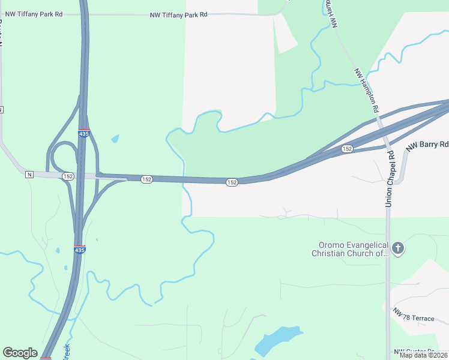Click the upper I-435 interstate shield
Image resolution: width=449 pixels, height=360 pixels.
(x=84, y=133)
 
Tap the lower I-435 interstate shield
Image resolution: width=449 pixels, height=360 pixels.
(x=80, y=250)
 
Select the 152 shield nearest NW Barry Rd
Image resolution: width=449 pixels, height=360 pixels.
(x=347, y=148)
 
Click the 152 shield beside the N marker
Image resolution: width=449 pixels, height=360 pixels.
(x=68, y=176)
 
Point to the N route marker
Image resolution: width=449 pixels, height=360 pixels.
(x=29, y=175)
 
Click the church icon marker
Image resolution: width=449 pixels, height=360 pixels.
(x=397, y=248)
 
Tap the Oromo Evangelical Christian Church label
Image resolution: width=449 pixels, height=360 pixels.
(x=351, y=249)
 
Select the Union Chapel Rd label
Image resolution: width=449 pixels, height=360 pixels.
(x=390, y=179)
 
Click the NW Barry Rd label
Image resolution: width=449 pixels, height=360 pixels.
(x=427, y=146)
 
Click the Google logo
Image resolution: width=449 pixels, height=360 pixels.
(x=20, y=353)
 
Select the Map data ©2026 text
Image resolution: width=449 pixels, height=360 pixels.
(x=423, y=355)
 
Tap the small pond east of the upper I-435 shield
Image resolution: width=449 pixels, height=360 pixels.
(x=115, y=139)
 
